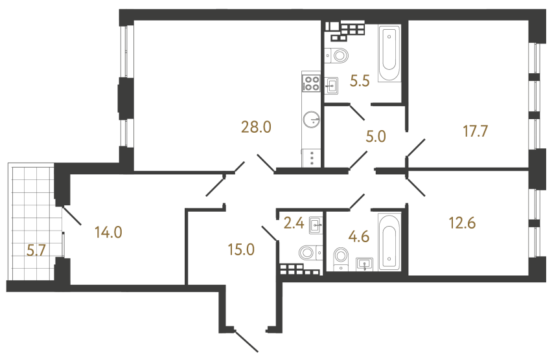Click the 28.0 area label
pos(256,128)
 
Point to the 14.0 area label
pos(108,231)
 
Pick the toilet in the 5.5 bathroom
pos(338,54)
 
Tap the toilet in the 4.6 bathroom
pos(339,258)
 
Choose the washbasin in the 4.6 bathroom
pos(365,263)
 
